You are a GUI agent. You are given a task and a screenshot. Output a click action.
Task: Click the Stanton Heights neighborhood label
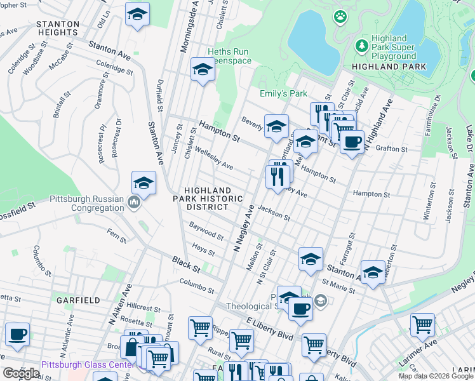(58, 28)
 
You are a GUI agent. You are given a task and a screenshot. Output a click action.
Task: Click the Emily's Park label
(283, 93)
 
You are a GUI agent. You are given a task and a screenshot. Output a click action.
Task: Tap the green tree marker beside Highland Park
(362, 46)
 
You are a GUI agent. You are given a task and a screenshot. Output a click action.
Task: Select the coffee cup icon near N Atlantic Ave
(17, 334)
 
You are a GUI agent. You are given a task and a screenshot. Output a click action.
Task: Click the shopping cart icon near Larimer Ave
(422, 324)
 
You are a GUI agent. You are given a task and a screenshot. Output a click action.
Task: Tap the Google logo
(22, 373)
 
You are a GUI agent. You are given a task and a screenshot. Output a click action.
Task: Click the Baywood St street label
(206, 231)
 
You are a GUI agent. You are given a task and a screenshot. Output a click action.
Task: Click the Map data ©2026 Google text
(435, 376)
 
